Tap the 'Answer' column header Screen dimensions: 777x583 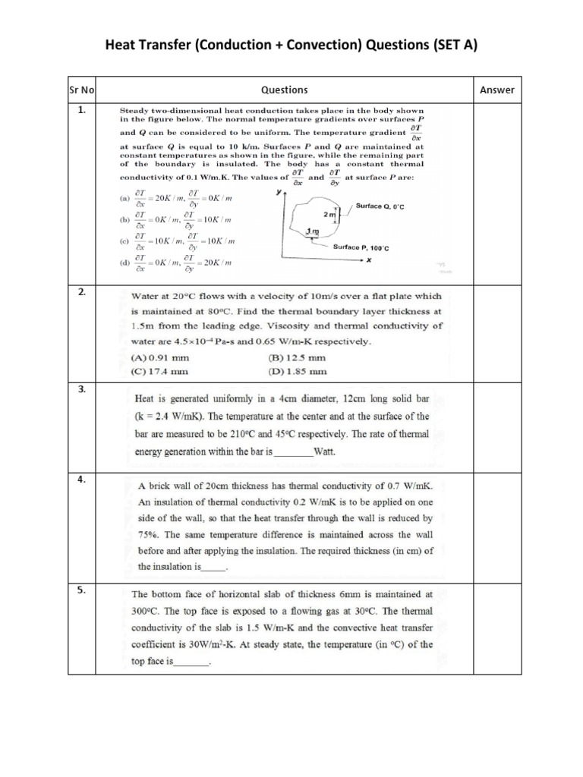[x=497, y=90]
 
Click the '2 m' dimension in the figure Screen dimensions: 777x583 [x=328, y=215]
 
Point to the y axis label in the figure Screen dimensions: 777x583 [x=278, y=193]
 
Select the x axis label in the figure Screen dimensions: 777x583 [x=369, y=259]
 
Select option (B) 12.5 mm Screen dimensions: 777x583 [x=297, y=357]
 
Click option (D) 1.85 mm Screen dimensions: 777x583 [x=297, y=371]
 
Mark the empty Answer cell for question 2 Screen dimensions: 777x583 [x=497, y=334]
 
